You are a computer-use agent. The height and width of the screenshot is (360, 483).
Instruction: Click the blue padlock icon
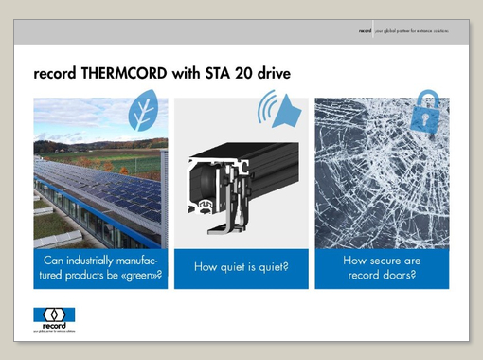coord(428,109)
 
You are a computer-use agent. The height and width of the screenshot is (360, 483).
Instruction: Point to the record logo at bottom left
coord(54,317)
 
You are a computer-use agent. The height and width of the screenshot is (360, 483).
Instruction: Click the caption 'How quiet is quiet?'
coord(241,268)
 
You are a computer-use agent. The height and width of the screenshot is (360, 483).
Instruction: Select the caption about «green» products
coord(102,268)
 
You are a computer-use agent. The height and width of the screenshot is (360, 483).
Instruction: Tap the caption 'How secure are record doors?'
coord(382,268)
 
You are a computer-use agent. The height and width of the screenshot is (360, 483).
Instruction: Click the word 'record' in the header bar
coord(365,31)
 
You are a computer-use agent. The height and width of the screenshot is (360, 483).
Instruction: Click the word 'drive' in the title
coord(270,72)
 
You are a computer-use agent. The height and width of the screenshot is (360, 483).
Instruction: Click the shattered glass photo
coord(382,180)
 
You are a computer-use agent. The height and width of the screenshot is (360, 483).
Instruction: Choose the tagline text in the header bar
coord(411,31)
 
